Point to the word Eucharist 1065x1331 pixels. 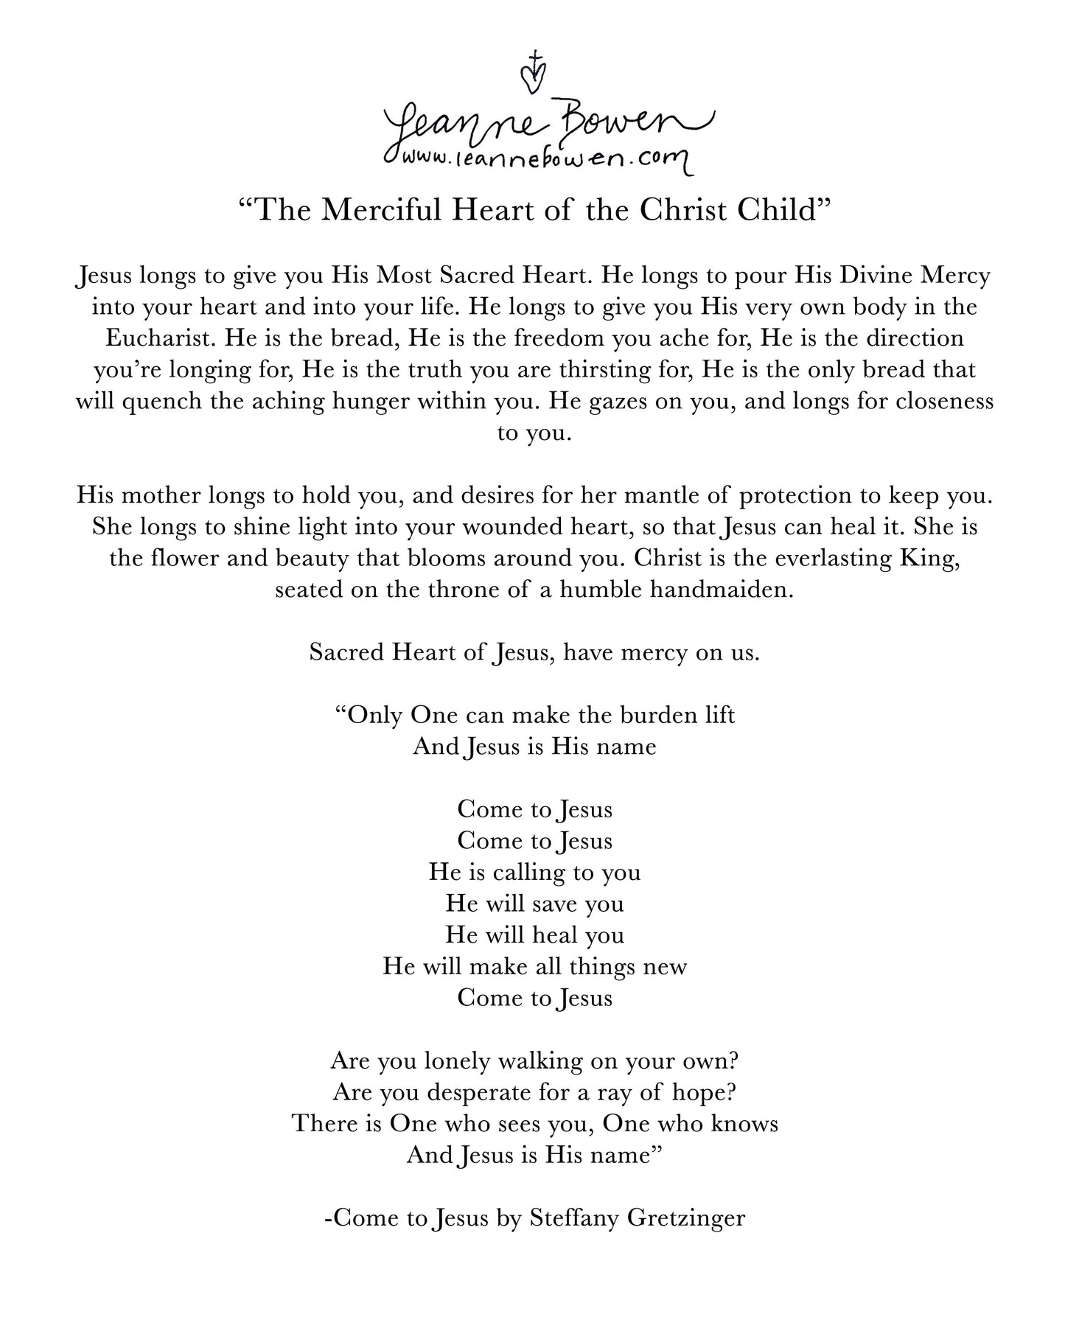tap(161, 338)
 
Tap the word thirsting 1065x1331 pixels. tap(618, 370)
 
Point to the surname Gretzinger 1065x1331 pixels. tap(685, 1218)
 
